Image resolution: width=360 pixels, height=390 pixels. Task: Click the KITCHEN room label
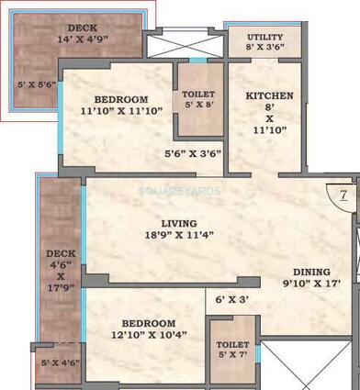point(269,95)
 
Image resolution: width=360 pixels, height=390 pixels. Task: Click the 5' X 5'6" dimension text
point(38,84)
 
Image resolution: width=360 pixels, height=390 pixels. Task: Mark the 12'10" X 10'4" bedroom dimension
point(144,337)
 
